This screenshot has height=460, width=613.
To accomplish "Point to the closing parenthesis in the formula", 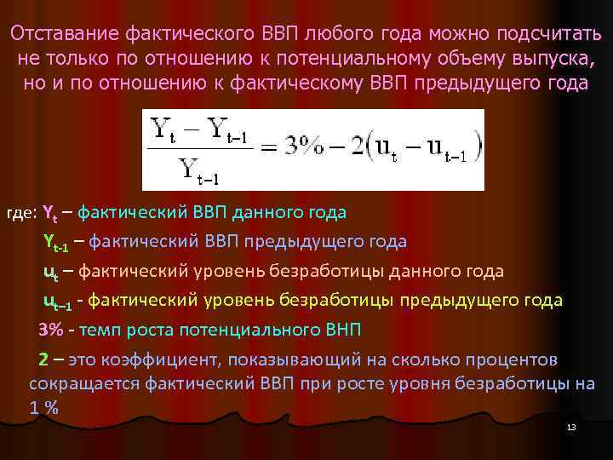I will coord(478,148).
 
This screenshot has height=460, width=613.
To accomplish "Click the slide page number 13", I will coord(571,426).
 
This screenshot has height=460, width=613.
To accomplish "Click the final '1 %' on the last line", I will coord(44,407).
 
